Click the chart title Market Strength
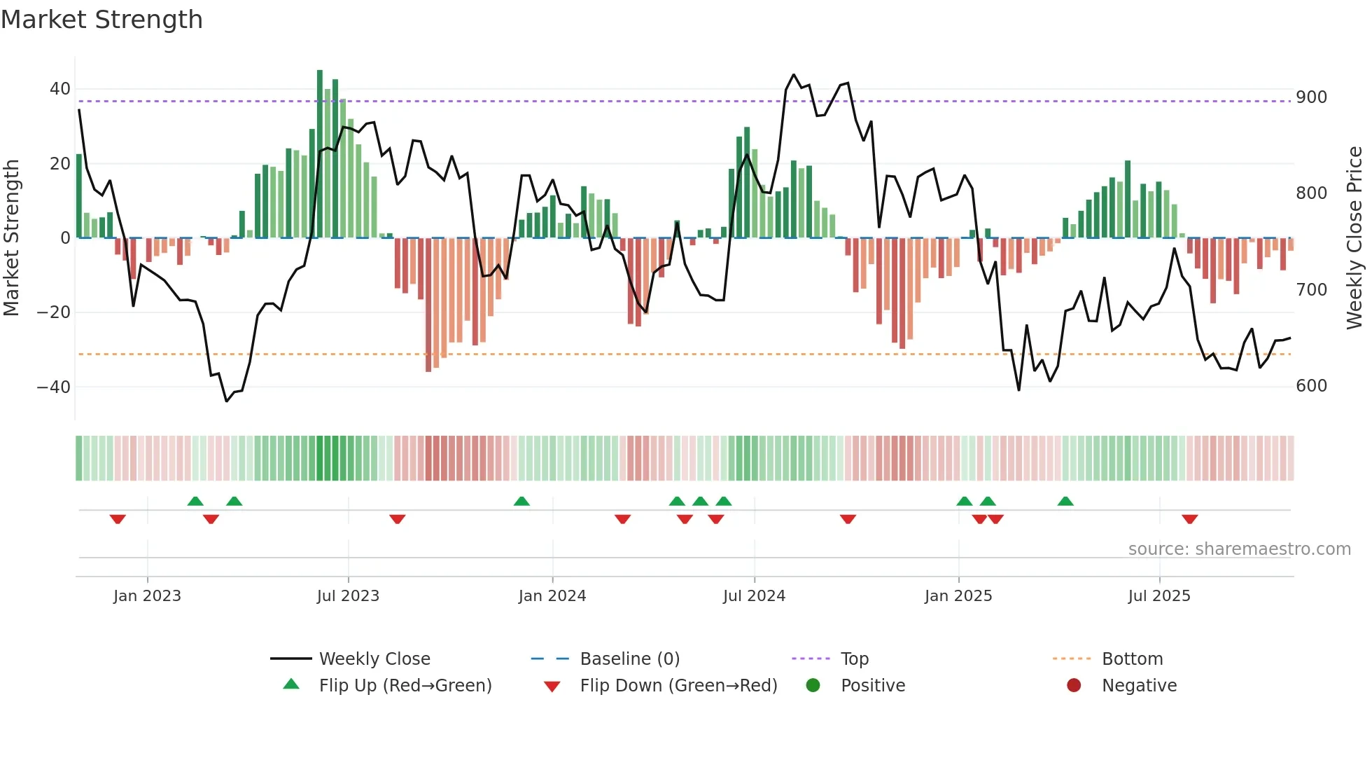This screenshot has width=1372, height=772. (101, 20)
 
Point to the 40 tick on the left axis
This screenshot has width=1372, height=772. (60, 89)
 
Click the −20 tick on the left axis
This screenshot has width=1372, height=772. (54, 312)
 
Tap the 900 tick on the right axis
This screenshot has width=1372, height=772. (1311, 97)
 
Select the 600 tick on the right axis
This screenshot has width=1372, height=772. (1311, 386)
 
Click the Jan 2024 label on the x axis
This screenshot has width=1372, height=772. (552, 596)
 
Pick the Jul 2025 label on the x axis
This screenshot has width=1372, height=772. (1158, 596)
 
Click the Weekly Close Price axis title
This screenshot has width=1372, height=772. (1354, 238)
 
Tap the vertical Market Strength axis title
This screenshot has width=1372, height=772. (11, 238)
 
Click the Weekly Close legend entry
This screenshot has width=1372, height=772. (374, 659)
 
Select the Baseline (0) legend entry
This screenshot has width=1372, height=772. (629, 659)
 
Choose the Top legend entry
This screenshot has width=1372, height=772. (854, 659)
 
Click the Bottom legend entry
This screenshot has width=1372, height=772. (1132, 659)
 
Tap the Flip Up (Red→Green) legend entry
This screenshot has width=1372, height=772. (405, 686)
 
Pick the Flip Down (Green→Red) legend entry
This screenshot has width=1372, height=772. (678, 686)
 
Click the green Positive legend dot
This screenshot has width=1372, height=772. (813, 685)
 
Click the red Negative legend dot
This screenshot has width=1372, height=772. (1074, 685)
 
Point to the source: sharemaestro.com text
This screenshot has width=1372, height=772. (1239, 549)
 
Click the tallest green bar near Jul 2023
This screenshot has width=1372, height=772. (320, 154)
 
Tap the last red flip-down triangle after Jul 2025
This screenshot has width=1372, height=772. (1189, 519)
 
